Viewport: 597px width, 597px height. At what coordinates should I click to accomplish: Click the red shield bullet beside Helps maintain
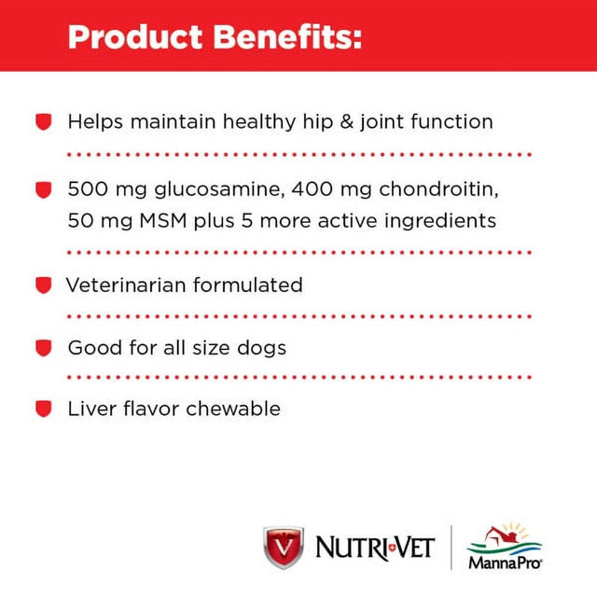(x=42, y=122)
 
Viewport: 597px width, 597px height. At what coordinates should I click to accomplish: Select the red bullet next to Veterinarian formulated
(x=42, y=285)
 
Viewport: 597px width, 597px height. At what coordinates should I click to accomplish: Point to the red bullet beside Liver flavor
(x=42, y=410)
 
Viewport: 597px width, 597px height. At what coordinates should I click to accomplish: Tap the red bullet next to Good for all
(x=42, y=349)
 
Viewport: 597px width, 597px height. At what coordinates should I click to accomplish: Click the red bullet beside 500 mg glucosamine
(x=42, y=190)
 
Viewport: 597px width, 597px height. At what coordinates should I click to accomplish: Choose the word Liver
(x=89, y=410)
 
